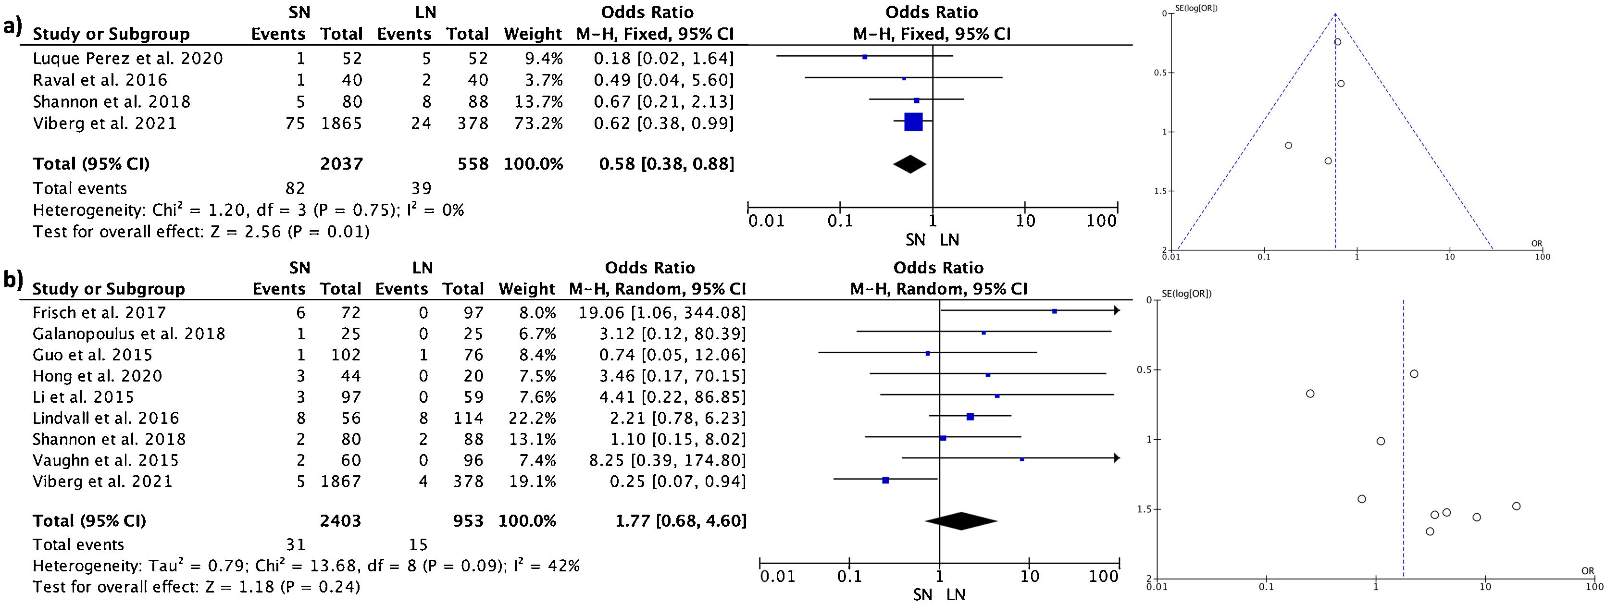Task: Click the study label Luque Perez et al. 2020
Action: [x=128, y=59]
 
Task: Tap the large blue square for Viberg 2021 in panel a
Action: [x=913, y=122]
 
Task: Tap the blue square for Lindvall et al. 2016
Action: [x=970, y=417]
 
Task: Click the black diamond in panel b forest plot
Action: [x=961, y=521]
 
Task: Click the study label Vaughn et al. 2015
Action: [x=105, y=460]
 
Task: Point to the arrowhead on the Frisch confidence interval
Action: [x=1117, y=311]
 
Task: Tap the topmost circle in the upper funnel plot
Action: [x=1337, y=42]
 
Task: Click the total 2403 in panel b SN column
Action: [x=340, y=521]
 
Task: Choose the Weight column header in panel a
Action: [x=533, y=34]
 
